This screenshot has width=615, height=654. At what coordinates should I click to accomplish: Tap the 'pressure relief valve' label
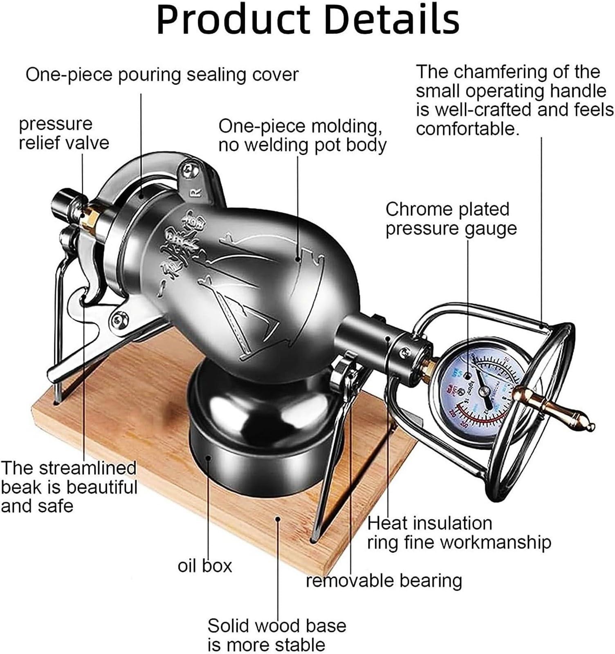point(64,134)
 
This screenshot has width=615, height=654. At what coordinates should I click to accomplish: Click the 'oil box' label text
point(204,566)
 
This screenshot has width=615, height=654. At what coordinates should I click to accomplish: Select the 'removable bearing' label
point(384,580)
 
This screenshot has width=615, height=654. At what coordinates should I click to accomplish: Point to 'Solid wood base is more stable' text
point(276,635)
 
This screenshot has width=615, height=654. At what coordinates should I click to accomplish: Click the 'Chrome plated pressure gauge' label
point(451,219)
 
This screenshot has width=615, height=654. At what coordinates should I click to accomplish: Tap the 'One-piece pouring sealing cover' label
point(162,75)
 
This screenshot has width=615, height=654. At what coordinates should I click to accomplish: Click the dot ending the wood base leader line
point(278,519)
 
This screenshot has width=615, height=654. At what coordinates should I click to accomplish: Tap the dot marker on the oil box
point(209,458)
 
